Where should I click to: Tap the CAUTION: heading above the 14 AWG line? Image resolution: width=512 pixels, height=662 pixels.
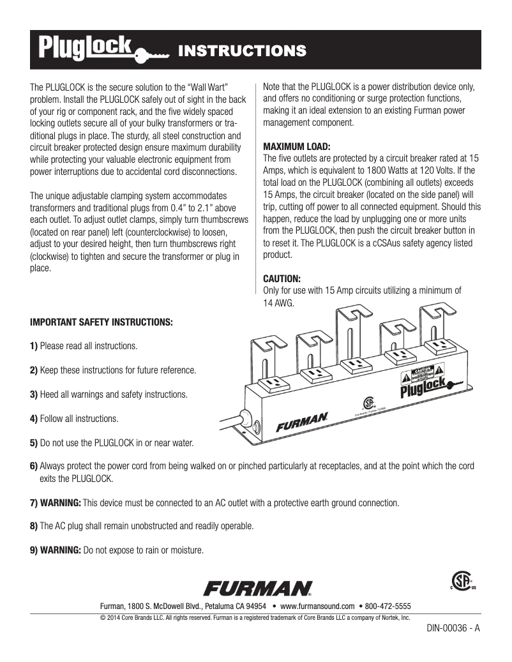[282, 279]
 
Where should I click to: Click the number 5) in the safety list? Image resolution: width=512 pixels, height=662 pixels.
[34, 442]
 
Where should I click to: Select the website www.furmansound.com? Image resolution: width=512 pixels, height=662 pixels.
[317, 606]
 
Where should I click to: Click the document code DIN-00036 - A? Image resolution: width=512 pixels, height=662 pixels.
[453, 628]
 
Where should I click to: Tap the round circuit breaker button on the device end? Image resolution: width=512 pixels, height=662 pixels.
[257, 426]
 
